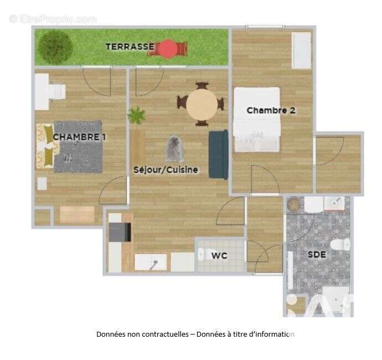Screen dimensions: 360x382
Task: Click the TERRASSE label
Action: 130,47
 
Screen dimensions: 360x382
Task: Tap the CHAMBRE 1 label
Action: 79,137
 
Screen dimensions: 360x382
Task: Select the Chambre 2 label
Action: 271,110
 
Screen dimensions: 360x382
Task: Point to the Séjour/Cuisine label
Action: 166,169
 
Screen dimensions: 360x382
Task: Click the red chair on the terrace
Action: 167,49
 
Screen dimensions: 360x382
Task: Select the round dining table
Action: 202,104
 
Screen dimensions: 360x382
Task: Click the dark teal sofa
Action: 218,154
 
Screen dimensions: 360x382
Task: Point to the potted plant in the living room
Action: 136,116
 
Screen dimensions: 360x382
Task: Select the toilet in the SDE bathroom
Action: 338,244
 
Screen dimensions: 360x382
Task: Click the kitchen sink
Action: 151,262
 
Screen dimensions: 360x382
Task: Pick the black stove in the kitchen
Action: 120,232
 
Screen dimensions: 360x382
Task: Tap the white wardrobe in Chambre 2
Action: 302,50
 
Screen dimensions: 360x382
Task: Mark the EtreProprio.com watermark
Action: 53,19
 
